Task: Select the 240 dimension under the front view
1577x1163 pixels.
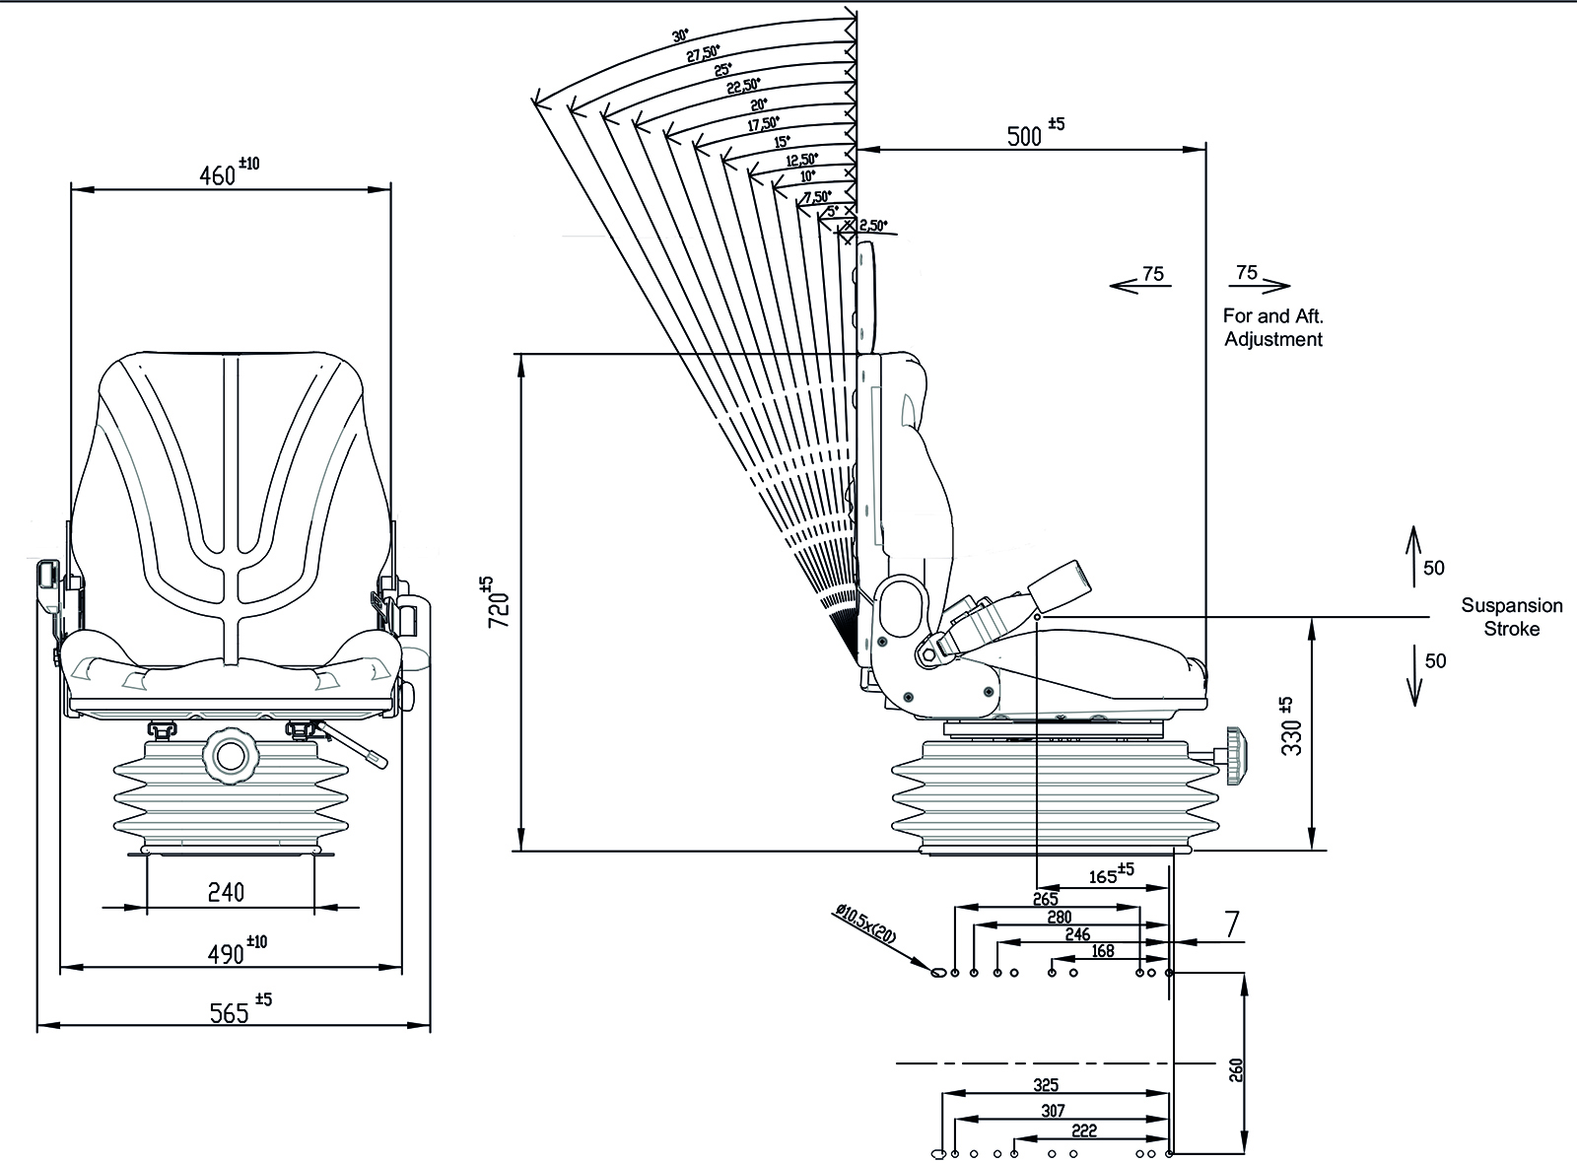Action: (226, 892)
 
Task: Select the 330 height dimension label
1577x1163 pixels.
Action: (1292, 728)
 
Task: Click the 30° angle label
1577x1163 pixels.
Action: (680, 36)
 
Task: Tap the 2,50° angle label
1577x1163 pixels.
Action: (871, 226)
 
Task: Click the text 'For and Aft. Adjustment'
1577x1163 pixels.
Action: (1272, 327)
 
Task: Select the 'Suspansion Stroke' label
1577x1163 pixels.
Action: (1511, 617)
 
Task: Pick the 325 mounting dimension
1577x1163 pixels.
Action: (1047, 1085)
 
